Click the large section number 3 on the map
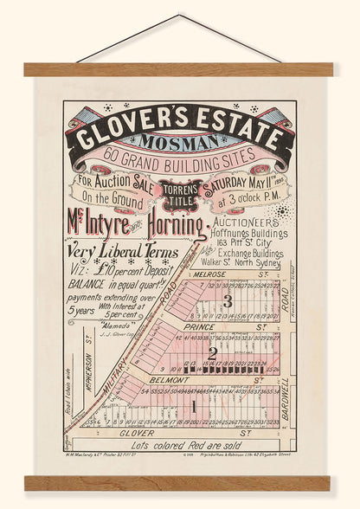227,302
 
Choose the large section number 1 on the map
194,404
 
